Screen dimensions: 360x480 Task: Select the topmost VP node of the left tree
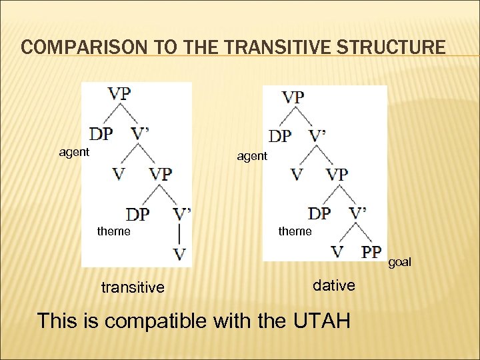pyautogui.click(x=119, y=93)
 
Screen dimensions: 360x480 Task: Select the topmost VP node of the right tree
pyautogui.click(x=293, y=97)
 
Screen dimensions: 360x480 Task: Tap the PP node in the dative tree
pyautogui.click(x=371, y=252)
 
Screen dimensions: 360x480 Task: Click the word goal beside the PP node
pyautogui.click(x=399, y=262)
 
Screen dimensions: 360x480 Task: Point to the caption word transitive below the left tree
pyautogui.click(x=132, y=287)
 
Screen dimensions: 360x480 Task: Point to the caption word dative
pyautogui.click(x=334, y=285)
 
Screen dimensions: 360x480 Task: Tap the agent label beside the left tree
pyautogui.click(x=74, y=152)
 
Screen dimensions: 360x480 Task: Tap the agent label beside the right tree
pyautogui.click(x=252, y=156)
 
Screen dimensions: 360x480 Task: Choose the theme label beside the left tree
pyautogui.click(x=114, y=231)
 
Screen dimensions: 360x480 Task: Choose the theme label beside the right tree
pyautogui.click(x=295, y=231)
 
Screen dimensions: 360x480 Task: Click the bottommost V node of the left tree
pyautogui.click(x=179, y=254)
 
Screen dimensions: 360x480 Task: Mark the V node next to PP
pyautogui.click(x=339, y=252)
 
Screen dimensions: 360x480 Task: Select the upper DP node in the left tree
pyautogui.click(x=101, y=134)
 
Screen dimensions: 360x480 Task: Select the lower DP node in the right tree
pyautogui.click(x=319, y=213)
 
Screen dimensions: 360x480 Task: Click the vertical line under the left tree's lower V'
pyautogui.click(x=179, y=233)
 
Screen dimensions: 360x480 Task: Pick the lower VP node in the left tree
pyautogui.click(x=161, y=174)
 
